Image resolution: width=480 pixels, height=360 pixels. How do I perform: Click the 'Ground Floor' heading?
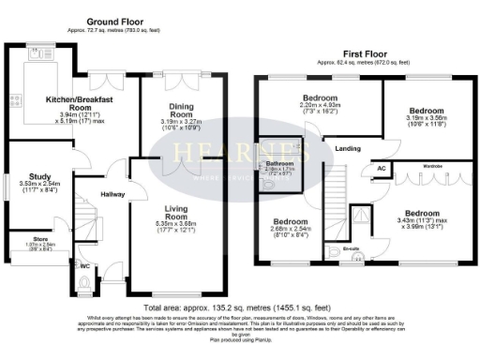point(113,21)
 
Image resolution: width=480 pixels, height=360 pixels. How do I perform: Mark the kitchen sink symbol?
point(40,54)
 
